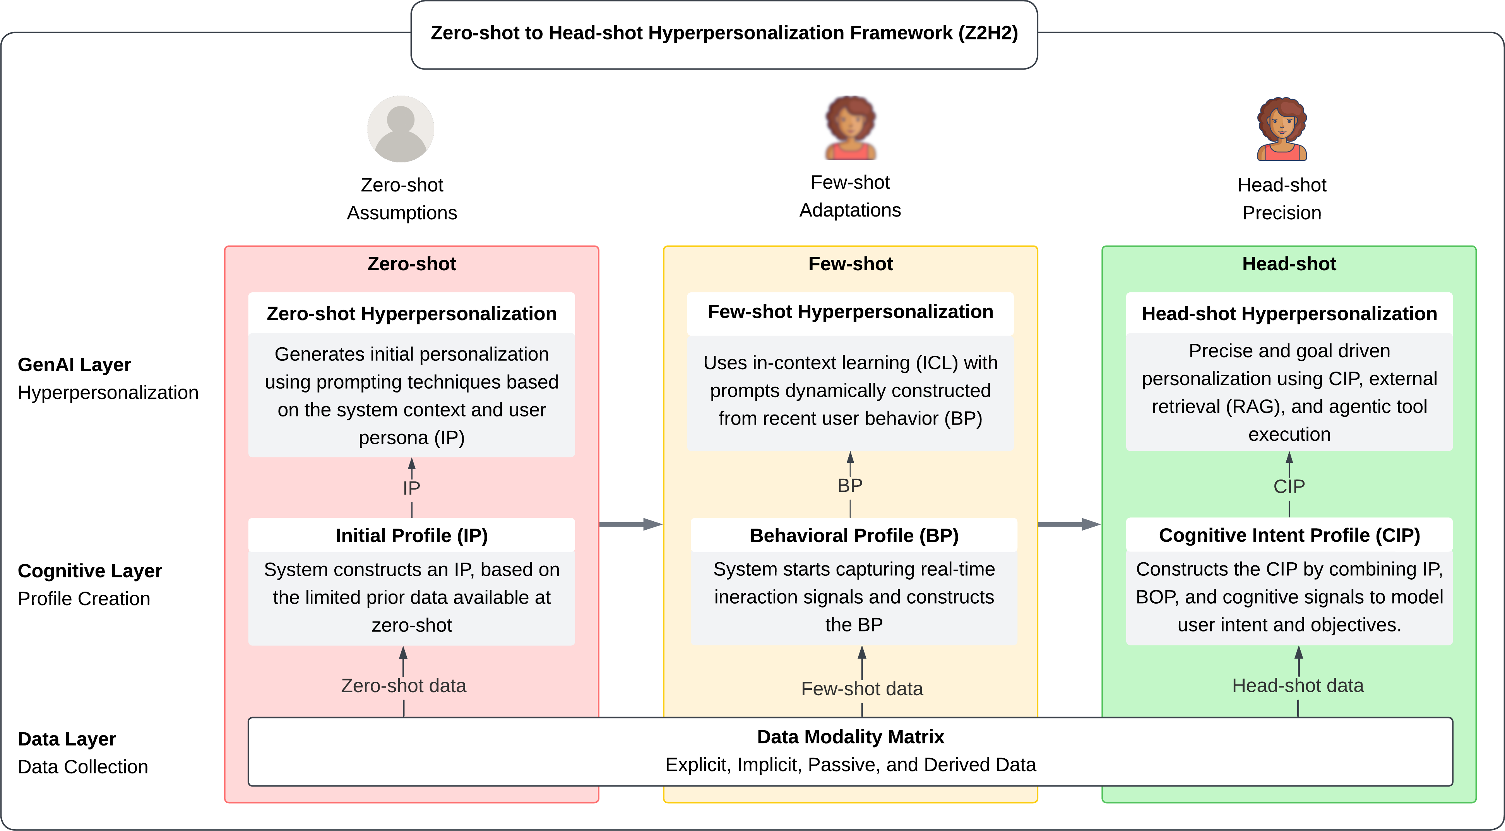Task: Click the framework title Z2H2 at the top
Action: pos(724,33)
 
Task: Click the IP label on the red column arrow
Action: pos(411,488)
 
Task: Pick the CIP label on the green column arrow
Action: pos(1289,486)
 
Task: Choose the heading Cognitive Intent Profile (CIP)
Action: pos(1289,535)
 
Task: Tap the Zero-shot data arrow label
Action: pos(403,686)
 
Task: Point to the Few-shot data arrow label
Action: pos(862,689)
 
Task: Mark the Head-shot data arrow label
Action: pos(1298,686)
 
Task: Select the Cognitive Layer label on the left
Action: pos(90,570)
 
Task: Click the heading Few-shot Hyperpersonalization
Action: pos(850,312)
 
